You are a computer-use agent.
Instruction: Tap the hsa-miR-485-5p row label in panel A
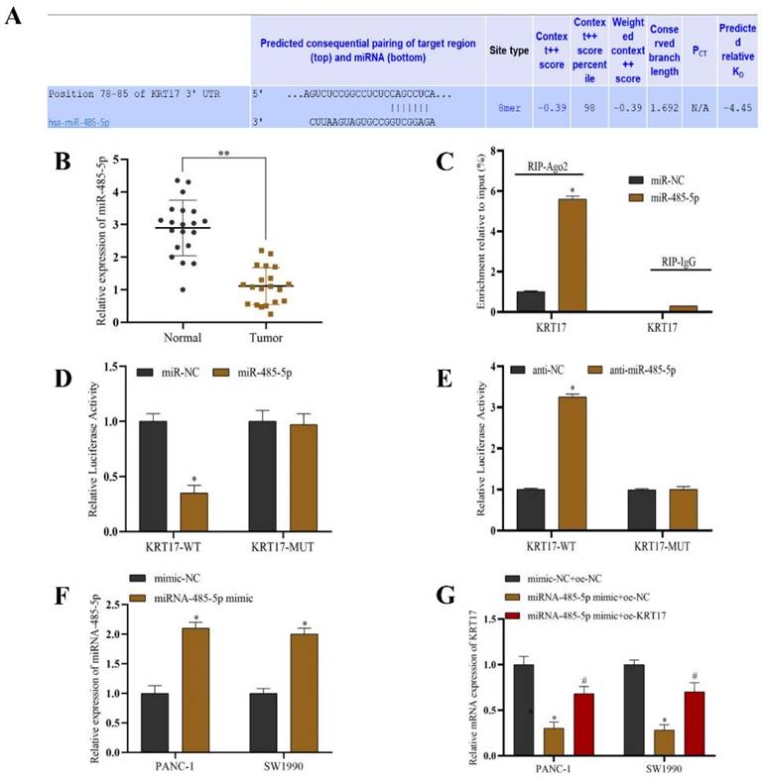point(83,123)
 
